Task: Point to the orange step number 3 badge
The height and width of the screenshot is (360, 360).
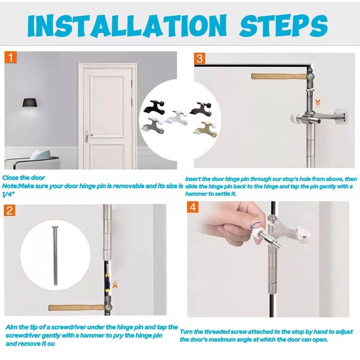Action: (200, 58)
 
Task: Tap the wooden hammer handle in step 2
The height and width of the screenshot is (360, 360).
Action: (74, 309)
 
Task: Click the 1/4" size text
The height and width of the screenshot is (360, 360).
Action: (8, 193)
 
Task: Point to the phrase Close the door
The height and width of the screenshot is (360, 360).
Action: (23, 178)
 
